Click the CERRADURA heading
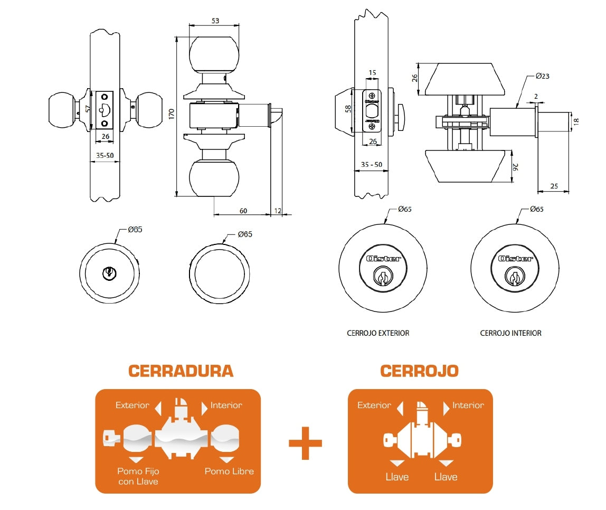[181, 371]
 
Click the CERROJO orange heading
[419, 371]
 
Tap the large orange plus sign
[305, 442]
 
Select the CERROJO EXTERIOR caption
[378, 333]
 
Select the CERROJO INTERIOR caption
[510, 333]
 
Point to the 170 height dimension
[171, 115]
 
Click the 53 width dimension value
[215, 21]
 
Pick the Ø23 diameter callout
[542, 76]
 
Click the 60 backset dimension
[243, 211]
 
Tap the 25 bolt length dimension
[554, 186]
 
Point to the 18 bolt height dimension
[576, 121]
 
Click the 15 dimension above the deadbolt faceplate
[372, 72]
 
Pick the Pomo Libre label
[229, 471]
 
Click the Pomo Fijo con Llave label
[138, 476]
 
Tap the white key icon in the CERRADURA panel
[112, 438]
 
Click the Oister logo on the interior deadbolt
[516, 259]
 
